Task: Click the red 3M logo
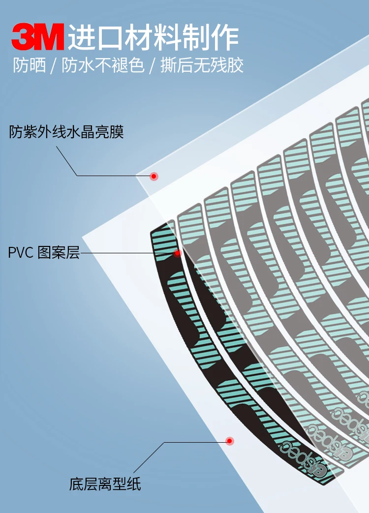38,37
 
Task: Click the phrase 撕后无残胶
202,65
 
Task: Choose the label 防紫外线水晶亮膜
66,132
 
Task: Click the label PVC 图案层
44,253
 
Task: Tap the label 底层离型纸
105,484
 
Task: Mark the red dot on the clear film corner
154,176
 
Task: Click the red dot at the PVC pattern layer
177,253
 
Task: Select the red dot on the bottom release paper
229,441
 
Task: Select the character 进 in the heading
80,37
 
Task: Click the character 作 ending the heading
226,37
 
